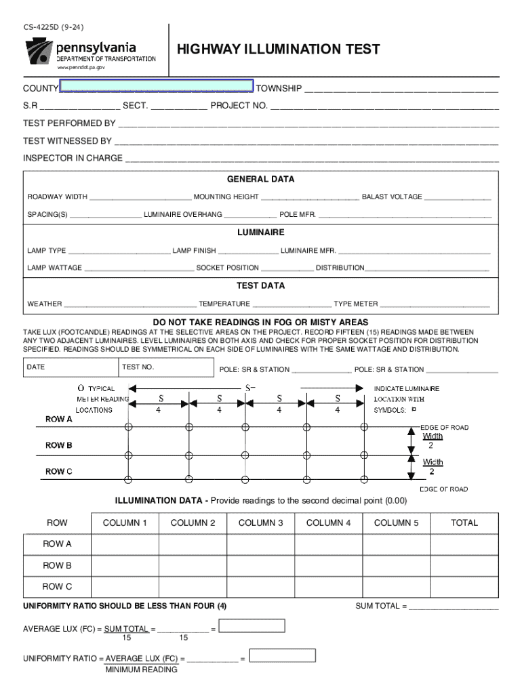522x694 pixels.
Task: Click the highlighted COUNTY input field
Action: click(156, 86)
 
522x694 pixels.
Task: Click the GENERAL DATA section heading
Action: click(260, 180)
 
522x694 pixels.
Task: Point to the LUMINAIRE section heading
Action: click(260, 232)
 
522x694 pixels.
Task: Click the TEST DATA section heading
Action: click(260, 285)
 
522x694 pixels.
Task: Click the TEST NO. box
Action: click(166, 367)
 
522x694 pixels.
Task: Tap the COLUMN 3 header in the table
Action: click(260, 523)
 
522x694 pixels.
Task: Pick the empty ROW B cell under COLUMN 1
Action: click(125, 565)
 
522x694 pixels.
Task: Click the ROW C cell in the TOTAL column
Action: click(464, 587)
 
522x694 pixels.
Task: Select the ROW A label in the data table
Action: click(57, 544)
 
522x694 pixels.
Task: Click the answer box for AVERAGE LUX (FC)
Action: click(253, 626)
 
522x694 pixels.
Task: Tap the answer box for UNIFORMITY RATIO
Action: click(283, 655)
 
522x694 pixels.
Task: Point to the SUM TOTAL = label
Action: click(381, 606)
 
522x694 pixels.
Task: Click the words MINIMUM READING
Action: click(141, 670)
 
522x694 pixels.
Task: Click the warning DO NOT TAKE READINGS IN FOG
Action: click(260, 321)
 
